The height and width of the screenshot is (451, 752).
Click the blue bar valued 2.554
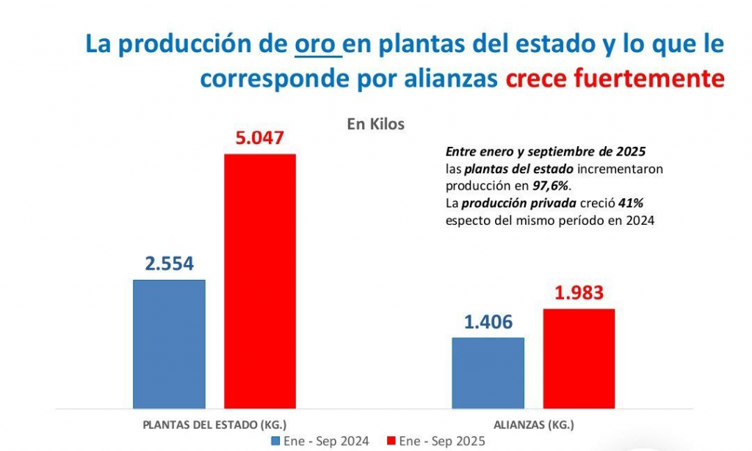pyautogui.click(x=169, y=343)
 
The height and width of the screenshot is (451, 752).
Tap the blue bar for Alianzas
pyautogui.click(x=488, y=372)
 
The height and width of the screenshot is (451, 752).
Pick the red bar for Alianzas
pyautogui.click(x=579, y=358)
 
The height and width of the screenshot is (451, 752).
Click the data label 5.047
pyautogui.click(x=259, y=138)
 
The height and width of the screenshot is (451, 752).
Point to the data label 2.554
pyautogui.click(x=169, y=264)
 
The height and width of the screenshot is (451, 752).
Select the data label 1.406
pyautogui.click(x=488, y=322)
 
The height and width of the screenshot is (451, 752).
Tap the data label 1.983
pyautogui.click(x=579, y=293)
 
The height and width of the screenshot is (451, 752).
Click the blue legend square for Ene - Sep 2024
pyautogui.click(x=276, y=441)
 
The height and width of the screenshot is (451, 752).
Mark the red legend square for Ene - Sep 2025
pyautogui.click(x=391, y=441)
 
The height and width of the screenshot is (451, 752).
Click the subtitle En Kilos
pyautogui.click(x=375, y=124)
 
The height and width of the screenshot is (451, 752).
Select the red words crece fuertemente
pyautogui.click(x=615, y=79)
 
